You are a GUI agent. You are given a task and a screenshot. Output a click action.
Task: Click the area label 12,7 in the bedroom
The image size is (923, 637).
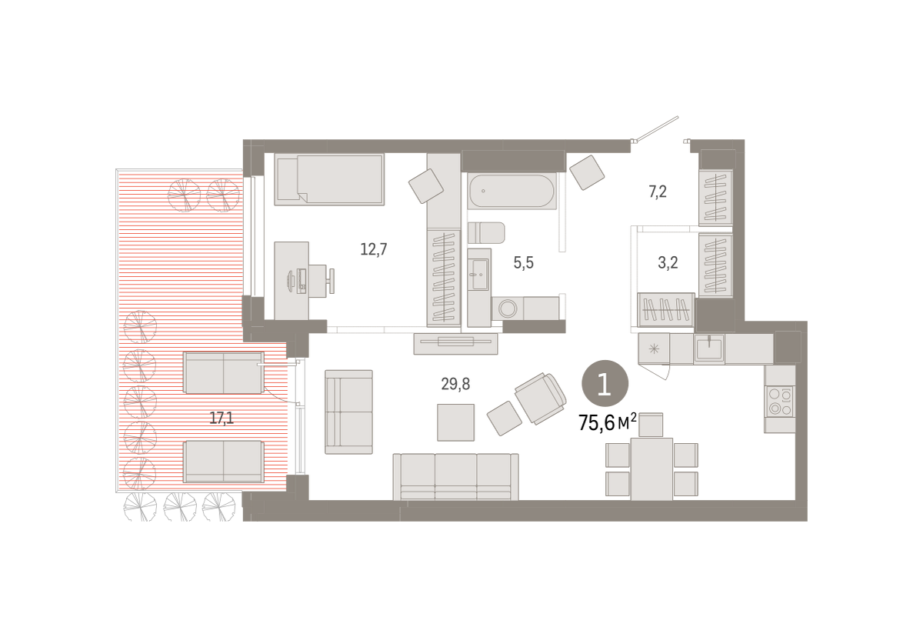373,249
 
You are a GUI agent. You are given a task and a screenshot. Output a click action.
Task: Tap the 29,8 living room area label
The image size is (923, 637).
455,384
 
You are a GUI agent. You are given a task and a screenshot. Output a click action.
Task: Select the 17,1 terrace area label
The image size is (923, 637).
222,419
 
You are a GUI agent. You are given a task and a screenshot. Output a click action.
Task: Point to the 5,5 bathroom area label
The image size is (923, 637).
523,262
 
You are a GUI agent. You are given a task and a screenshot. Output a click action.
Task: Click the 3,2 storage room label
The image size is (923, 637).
668,262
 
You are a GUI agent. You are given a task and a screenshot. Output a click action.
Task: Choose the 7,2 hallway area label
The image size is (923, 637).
658,192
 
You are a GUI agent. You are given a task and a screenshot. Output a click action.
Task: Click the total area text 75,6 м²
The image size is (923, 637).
608,423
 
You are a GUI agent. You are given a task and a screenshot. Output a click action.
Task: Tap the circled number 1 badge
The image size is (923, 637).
605,384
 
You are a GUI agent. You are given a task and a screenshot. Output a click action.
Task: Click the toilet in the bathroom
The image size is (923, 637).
486,233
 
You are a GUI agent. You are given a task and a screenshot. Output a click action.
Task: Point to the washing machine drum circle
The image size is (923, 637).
508,308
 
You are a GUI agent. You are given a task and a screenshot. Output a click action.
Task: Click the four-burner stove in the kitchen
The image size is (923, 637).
780,402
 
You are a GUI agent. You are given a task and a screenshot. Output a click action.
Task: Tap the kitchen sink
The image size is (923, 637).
709,349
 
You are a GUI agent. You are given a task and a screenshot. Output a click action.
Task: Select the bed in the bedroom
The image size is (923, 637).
329,179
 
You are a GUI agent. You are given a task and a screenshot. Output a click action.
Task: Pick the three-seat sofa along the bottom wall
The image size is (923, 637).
455,477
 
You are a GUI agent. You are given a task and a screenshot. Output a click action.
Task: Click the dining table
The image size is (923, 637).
651,469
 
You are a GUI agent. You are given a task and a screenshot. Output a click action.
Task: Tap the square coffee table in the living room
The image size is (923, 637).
455,422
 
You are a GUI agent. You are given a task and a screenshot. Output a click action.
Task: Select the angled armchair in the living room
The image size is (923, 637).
541,398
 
